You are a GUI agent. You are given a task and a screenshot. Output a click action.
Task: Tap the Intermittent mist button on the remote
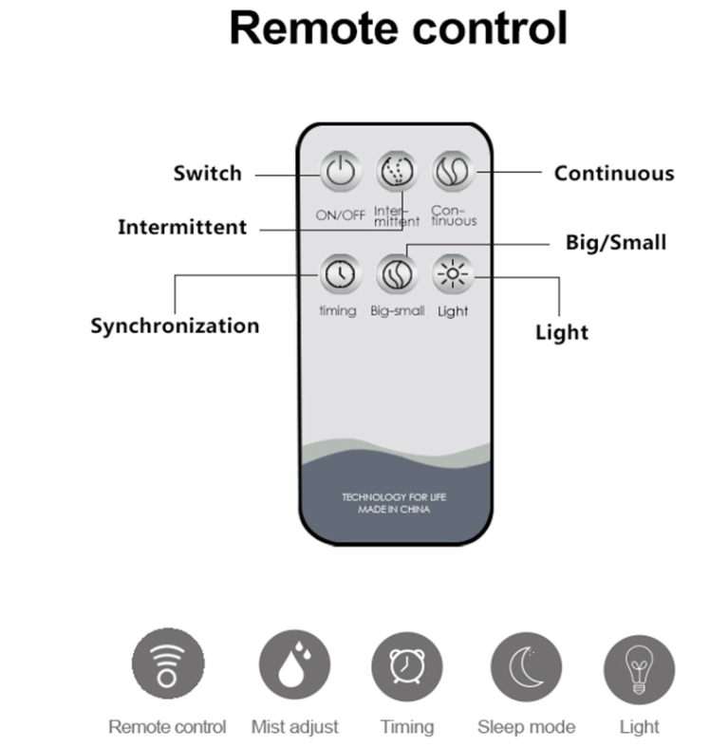[x=396, y=173]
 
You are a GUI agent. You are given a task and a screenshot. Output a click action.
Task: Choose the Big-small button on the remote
[x=396, y=274]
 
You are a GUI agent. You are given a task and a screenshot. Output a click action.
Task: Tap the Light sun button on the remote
[x=452, y=274]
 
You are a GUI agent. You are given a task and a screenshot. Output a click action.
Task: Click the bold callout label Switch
[x=207, y=174]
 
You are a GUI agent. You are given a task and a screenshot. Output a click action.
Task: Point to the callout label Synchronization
[x=175, y=326]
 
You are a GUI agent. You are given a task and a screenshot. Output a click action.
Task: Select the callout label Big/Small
[x=616, y=243]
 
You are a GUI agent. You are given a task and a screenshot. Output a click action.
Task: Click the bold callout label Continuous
[x=614, y=174]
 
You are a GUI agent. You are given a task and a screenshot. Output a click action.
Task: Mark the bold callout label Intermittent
[x=182, y=228]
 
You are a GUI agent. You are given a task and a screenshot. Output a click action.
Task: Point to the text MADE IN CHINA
[x=394, y=510]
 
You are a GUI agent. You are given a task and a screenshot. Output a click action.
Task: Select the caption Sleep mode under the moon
[x=526, y=727]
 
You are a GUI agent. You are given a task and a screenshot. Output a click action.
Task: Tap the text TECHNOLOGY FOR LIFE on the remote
[x=394, y=496]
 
